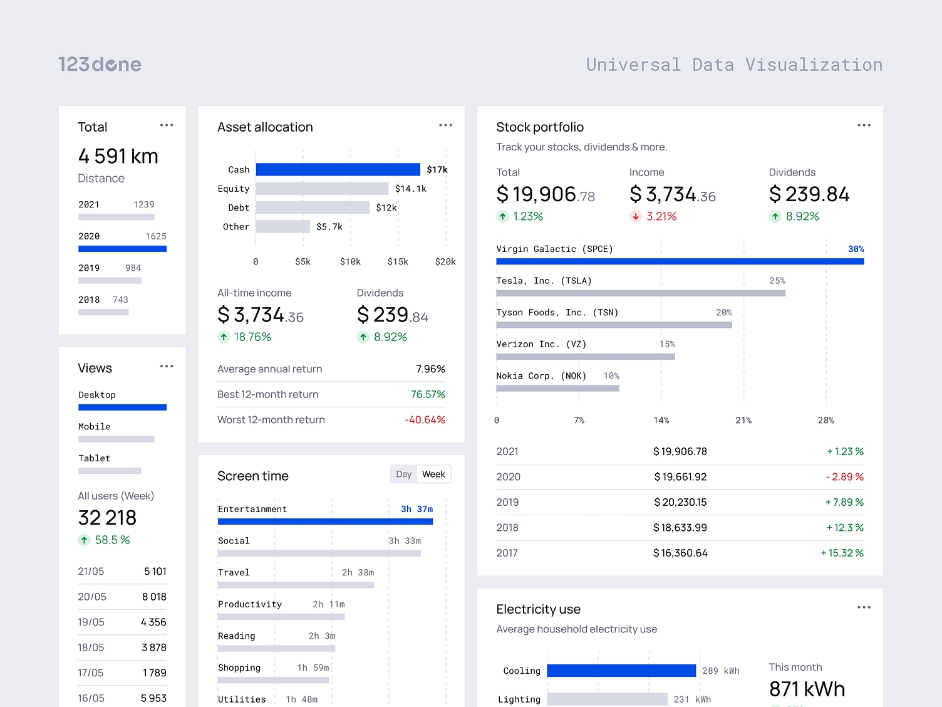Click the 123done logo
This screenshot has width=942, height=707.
(100, 65)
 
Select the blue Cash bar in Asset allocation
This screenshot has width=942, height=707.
(338, 169)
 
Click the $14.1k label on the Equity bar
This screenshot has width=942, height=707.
(410, 189)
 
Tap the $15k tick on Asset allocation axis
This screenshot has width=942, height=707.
(398, 261)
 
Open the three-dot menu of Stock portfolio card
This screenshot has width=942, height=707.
(864, 125)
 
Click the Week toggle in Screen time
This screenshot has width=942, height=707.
(433, 474)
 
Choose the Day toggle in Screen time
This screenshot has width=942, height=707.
(404, 474)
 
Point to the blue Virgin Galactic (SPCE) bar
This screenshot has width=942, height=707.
(680, 261)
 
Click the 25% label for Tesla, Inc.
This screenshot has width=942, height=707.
(777, 281)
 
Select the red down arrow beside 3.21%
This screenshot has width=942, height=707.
(636, 217)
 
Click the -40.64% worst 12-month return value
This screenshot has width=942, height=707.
(425, 420)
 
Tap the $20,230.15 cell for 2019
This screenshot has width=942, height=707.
(680, 503)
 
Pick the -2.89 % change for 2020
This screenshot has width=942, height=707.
(844, 477)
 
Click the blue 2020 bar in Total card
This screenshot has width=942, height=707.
(122, 249)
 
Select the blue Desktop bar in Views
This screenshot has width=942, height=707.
(122, 407)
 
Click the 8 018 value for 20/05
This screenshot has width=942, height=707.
(154, 597)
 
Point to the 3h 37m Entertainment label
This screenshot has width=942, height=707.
(417, 509)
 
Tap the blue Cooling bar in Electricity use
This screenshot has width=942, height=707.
(621, 671)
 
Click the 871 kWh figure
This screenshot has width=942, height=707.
(807, 689)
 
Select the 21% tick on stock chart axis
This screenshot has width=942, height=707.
(743, 421)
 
